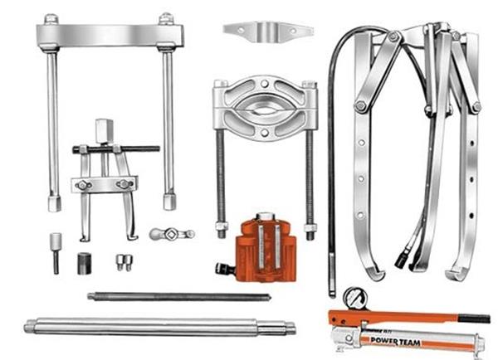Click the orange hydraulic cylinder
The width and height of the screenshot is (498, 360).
(266, 249)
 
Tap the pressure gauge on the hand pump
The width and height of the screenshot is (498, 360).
(356, 299)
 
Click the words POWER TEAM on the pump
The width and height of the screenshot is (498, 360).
(395, 342)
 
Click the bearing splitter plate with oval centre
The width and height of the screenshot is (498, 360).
(265, 107)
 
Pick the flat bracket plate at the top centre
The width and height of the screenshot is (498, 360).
(268, 32)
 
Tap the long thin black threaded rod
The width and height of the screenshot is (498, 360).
(179, 297)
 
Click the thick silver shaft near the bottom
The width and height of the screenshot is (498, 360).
(159, 327)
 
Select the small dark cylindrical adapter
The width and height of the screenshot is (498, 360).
(84, 264)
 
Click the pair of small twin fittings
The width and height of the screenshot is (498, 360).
(124, 262)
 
